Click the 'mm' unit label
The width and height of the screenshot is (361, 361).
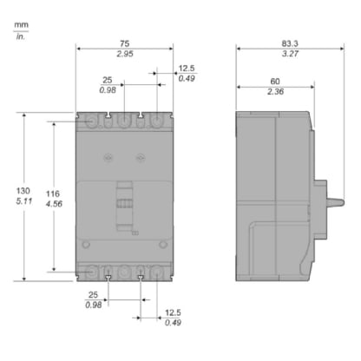click(x=21, y=27)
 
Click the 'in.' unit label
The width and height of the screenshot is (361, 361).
click(x=21, y=38)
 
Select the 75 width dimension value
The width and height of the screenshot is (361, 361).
click(x=125, y=39)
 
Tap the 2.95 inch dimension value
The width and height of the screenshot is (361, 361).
click(x=125, y=54)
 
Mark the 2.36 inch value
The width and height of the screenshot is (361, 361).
click(x=274, y=91)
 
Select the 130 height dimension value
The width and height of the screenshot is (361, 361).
click(x=23, y=189)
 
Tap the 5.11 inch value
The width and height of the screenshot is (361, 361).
click(x=23, y=204)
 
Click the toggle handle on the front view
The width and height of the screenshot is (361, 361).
click(x=125, y=205)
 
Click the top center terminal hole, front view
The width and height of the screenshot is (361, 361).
click(x=125, y=121)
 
